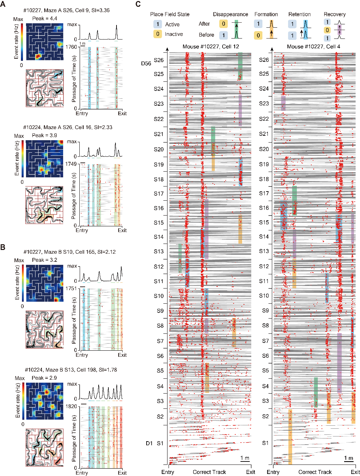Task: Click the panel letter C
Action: coord(138,4)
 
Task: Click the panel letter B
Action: coord(3,247)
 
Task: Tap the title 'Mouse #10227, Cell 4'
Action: coord(313,47)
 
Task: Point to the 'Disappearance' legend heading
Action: coord(230,15)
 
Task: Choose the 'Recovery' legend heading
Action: coord(334,15)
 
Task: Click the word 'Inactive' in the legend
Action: coord(174,34)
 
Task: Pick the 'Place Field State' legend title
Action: coord(170,15)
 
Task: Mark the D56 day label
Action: coord(146,64)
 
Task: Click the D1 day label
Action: coord(149,443)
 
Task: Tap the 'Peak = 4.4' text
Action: coord(45,19)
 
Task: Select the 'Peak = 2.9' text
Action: coord(44,378)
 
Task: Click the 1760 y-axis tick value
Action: coord(71,47)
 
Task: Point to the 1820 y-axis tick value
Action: coord(71,406)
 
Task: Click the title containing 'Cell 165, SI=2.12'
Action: coord(70,252)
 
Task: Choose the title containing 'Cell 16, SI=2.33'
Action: coord(68,127)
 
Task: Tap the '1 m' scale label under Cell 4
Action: coord(349,458)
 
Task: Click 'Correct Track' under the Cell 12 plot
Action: coord(209,472)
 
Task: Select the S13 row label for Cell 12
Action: coord(159,251)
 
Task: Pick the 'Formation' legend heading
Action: coord(266,15)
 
